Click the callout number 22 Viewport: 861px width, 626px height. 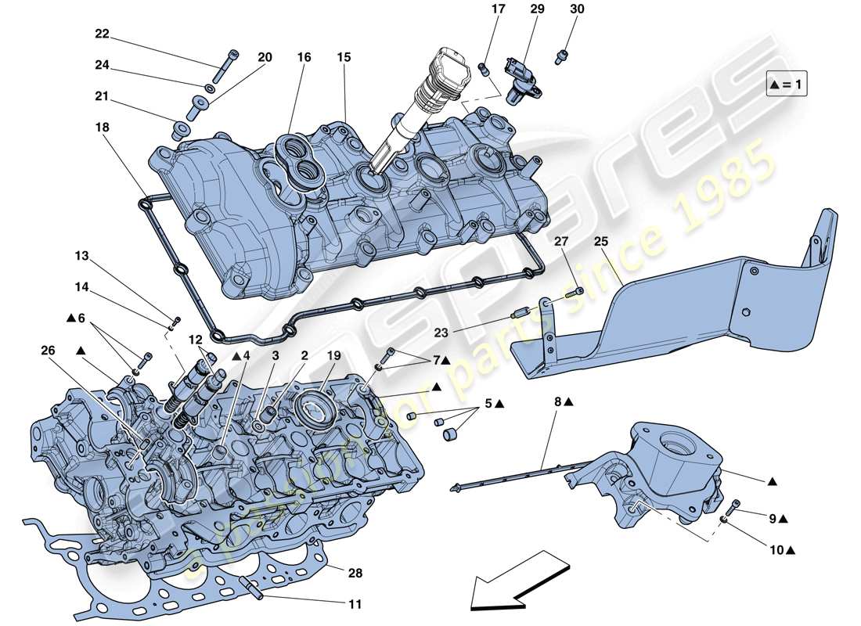[102, 34]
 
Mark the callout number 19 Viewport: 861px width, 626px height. [334, 356]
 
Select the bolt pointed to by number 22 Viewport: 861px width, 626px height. [225, 63]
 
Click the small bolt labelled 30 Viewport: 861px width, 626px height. [560, 56]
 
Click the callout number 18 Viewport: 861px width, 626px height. [102, 127]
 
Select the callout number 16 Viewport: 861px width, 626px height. [304, 57]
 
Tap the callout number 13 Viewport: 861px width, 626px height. [82, 255]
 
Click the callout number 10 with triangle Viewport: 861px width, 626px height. [776, 549]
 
